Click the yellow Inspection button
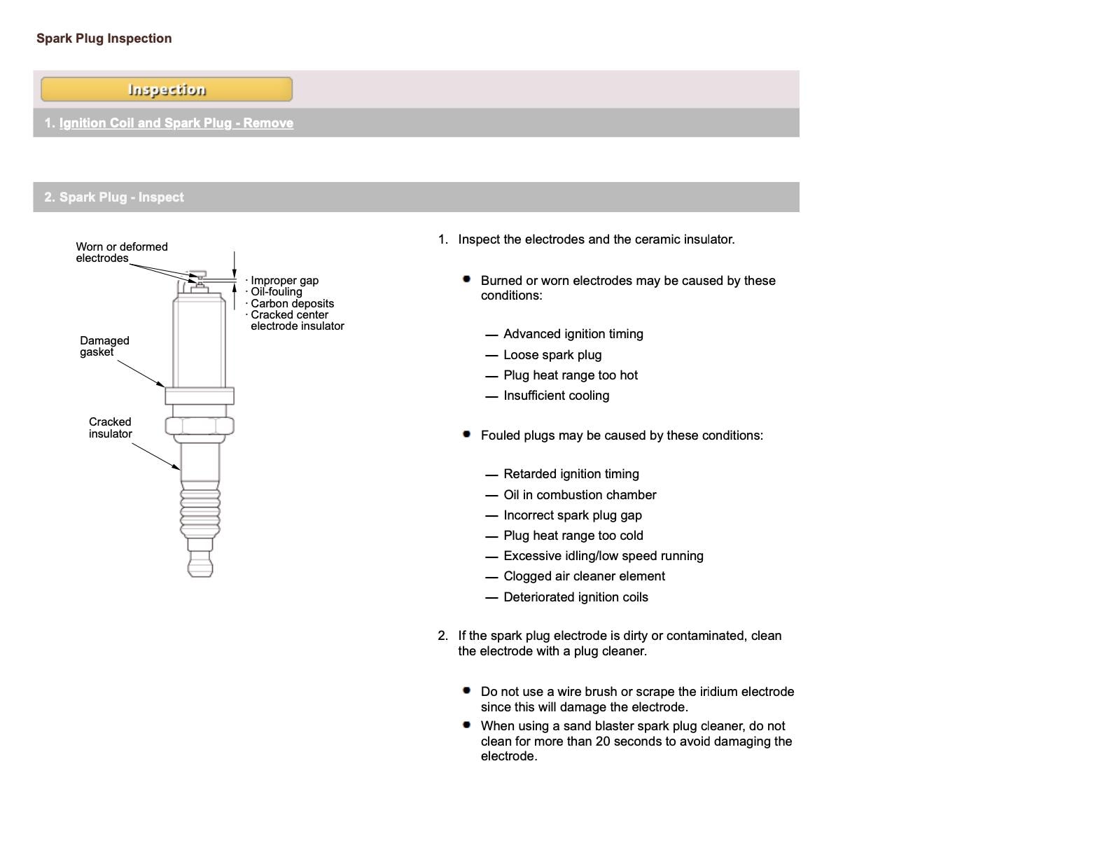(166, 90)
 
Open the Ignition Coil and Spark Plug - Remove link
(176, 123)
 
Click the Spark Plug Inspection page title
(104, 39)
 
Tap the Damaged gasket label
(104, 346)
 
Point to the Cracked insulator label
(110, 427)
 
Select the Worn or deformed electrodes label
(121, 252)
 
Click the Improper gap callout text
(284, 281)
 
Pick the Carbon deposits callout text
(292, 303)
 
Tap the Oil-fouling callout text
(276, 292)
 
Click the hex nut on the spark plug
(200, 425)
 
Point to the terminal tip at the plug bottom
(200, 563)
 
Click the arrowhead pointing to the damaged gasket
(162, 384)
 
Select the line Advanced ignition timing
(573, 334)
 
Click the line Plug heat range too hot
(570, 375)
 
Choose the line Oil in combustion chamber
(580, 495)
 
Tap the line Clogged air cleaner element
(584, 576)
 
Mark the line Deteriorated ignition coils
(576, 597)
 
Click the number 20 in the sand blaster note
(603, 741)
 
